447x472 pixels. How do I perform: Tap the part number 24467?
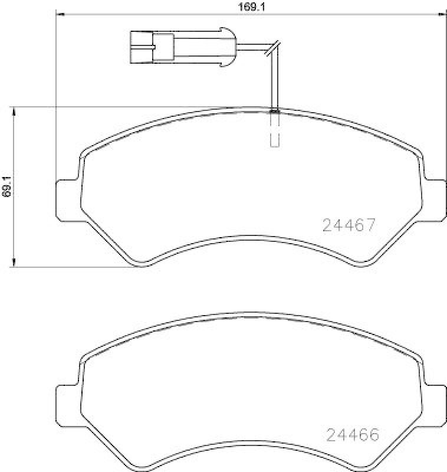click(x=349, y=225)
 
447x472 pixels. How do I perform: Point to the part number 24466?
click(x=351, y=435)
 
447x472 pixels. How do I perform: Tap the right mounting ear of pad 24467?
click(x=435, y=199)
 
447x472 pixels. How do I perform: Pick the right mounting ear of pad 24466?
click(x=435, y=406)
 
